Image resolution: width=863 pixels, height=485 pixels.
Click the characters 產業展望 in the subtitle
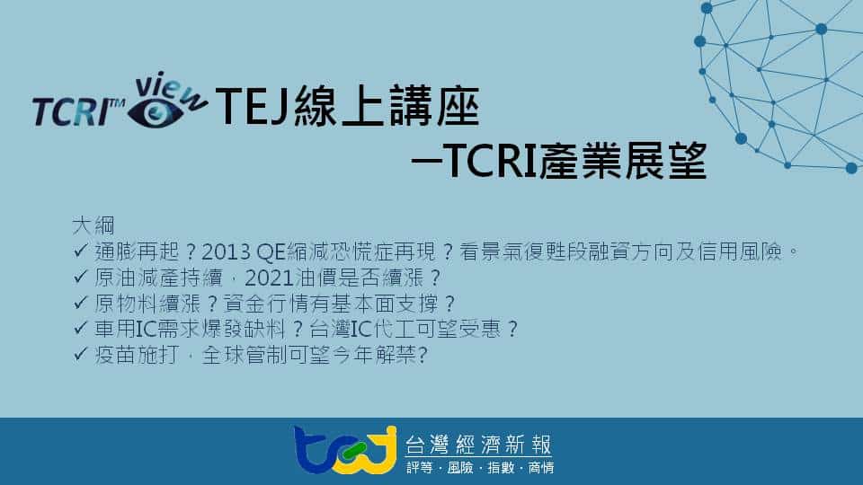[x=622, y=161]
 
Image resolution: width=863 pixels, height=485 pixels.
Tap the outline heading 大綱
[x=93, y=225]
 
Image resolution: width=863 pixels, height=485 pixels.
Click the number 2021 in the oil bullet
[x=269, y=278]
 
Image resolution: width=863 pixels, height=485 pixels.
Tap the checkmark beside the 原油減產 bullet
[x=80, y=276]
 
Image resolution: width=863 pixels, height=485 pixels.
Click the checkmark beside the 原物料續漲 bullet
[x=80, y=302]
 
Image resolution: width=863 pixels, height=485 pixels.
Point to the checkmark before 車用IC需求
[x=80, y=328]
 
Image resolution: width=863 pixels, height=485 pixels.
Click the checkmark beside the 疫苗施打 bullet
[x=80, y=354]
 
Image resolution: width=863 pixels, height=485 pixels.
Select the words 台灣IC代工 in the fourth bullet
[x=362, y=329]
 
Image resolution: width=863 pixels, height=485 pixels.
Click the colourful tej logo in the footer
[x=345, y=450]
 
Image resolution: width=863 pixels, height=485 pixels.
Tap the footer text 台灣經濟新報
[x=478, y=445]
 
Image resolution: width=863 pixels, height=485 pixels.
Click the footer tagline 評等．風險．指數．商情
[x=480, y=467]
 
